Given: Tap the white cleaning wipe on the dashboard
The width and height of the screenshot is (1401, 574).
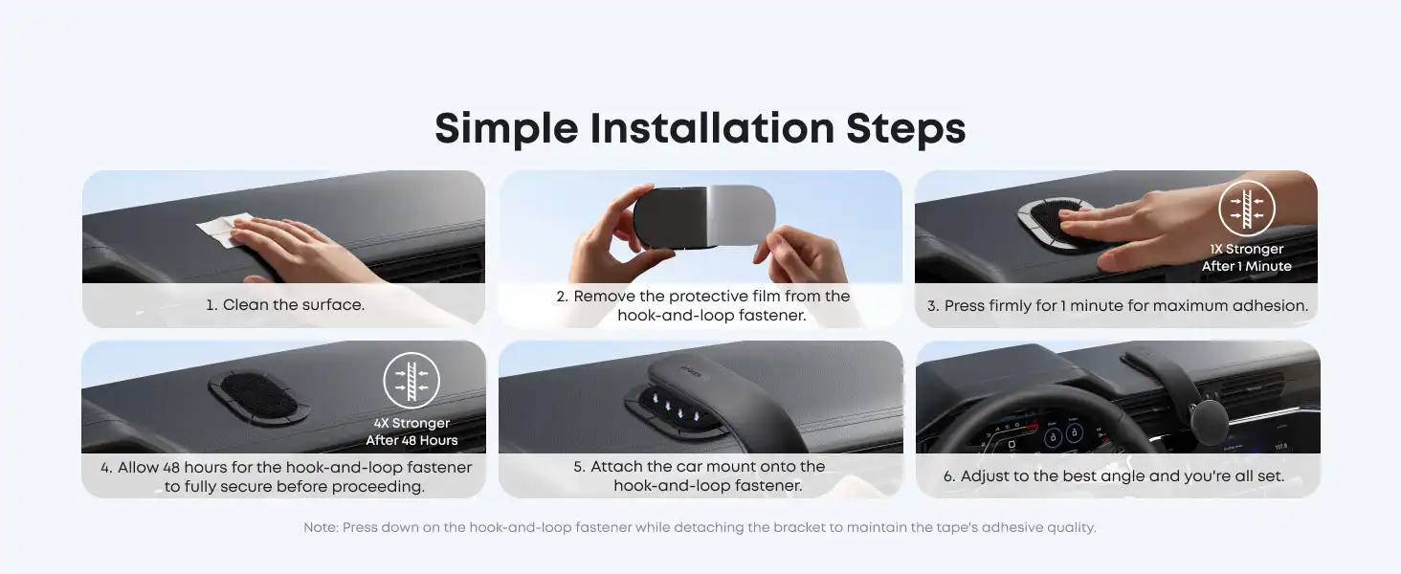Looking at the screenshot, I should point(222,229).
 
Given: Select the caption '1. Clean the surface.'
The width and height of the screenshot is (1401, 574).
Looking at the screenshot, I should point(284,305).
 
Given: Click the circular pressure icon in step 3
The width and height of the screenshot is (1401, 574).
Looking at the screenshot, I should point(1246,210).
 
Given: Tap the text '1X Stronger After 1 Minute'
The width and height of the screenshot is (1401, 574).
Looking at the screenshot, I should point(1246,258).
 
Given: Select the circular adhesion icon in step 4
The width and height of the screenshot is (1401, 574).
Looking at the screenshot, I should point(411,381).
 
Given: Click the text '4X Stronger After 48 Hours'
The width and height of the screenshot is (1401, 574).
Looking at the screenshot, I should point(411,431).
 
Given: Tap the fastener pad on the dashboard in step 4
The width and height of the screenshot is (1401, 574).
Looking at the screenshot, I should point(259,396).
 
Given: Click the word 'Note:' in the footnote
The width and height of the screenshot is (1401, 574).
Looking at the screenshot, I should point(321,528).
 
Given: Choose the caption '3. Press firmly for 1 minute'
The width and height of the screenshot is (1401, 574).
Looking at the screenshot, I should point(1117,306).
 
